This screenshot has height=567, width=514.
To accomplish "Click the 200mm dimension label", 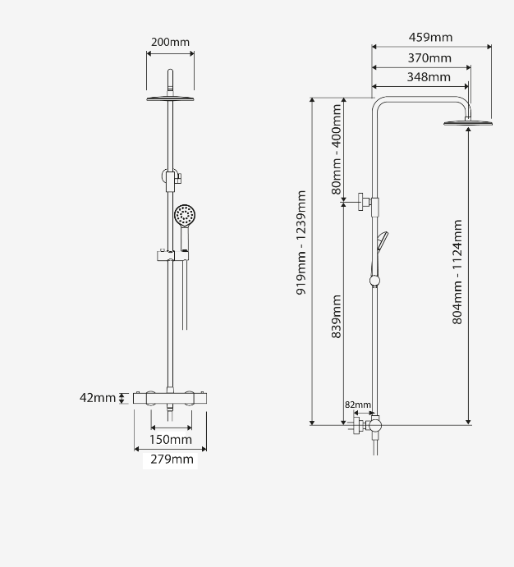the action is coord(170,43).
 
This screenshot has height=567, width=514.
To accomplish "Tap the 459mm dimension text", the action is coord(430,37).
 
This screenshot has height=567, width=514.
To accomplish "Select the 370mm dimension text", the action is coord(429,58).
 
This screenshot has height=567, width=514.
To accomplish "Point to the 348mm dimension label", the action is coord(429,77).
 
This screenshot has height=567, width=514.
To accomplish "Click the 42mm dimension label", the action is coord(98,398).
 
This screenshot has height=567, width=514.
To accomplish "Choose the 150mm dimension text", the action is coord(170,439).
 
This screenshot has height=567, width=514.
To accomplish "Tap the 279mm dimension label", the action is coord(172,460).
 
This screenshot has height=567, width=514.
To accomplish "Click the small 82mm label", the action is coord(358,405).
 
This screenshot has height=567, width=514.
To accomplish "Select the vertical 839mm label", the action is coord(337,317).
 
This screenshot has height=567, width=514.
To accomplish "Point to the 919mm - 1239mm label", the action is coord(301,243).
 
